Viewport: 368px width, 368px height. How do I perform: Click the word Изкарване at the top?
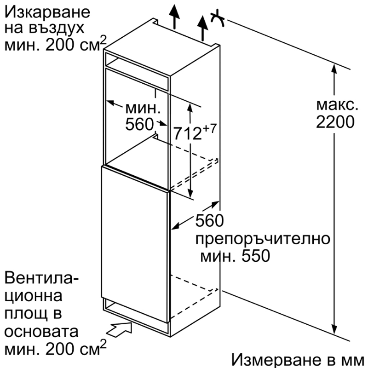[47, 12]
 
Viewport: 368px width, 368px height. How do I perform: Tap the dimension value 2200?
[335, 122]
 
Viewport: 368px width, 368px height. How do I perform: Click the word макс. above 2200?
[337, 105]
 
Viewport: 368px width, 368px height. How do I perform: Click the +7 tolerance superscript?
[209, 129]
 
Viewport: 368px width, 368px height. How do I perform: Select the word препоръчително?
[263, 240]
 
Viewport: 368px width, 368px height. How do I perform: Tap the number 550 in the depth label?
[256, 256]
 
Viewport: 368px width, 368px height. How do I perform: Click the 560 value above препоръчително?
[210, 221]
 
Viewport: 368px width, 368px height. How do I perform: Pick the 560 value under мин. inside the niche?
[139, 124]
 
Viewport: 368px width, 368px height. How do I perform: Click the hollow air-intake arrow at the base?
[119, 329]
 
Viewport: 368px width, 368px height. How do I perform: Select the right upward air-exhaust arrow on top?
[202, 28]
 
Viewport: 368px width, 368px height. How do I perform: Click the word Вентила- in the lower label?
[42, 278]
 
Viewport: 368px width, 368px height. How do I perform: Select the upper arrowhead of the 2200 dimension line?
[334, 69]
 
